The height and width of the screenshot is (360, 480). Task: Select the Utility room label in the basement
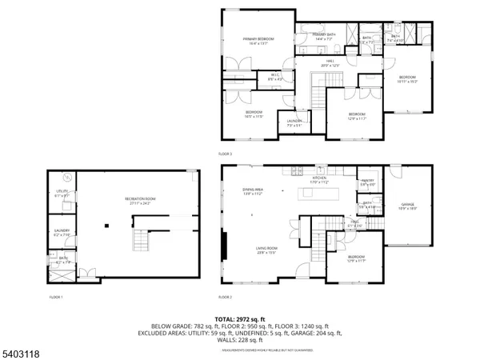[62, 194]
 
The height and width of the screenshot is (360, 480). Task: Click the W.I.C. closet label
[274, 77]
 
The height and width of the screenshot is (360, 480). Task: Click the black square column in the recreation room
[106, 226]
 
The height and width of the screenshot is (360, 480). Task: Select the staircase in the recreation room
[142, 239]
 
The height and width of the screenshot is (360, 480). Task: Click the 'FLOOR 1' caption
[55, 297]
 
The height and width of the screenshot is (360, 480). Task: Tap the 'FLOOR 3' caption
[225, 153]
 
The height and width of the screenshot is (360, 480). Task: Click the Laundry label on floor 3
[294, 123]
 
